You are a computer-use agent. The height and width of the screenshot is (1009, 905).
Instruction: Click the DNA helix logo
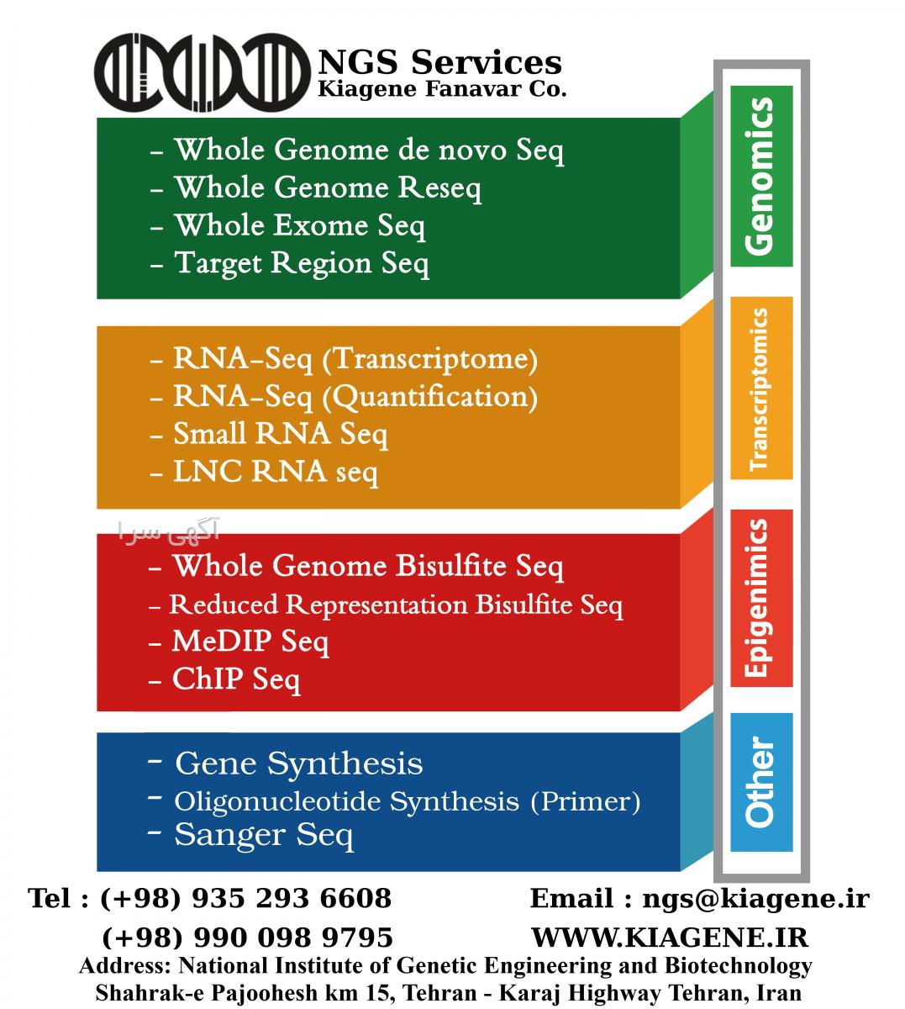(203, 72)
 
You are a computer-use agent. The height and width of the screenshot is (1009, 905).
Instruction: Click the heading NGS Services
(440, 62)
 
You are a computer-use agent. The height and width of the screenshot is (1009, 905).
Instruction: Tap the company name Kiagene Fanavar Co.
(442, 89)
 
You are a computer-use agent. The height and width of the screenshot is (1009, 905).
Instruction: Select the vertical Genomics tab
(761, 177)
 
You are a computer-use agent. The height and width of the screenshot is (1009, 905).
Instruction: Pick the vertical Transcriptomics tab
(761, 388)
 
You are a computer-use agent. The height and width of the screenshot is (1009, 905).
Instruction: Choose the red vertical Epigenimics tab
(761, 599)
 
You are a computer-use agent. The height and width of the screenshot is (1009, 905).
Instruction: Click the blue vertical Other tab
(761, 783)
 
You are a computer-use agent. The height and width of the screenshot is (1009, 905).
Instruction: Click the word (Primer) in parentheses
(586, 801)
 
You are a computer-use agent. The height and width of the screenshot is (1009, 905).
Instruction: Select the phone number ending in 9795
(247, 938)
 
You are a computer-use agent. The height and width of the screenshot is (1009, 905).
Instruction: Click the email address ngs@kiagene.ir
(755, 900)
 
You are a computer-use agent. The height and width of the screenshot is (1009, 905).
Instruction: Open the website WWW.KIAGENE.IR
(670, 938)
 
